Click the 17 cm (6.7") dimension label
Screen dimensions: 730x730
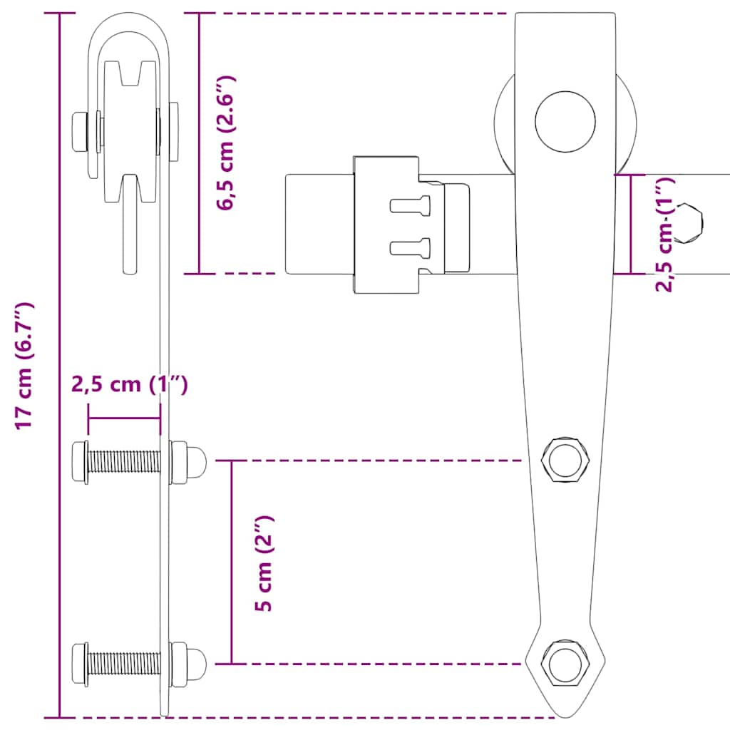[x=25, y=365]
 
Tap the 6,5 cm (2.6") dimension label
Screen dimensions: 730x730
[x=227, y=143]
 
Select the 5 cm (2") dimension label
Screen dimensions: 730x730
[x=265, y=563]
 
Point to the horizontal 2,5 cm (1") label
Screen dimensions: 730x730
[x=130, y=385]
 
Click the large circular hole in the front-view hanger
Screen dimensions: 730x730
[x=565, y=122]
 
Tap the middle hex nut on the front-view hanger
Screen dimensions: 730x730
[x=565, y=461]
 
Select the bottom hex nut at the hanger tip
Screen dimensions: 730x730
[x=565, y=663]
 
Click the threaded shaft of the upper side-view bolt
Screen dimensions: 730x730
[x=124, y=462]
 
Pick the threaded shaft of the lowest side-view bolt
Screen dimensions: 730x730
[x=124, y=663]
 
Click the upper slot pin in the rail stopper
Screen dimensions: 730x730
[x=411, y=205]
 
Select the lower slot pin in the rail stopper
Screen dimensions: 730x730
[x=411, y=247]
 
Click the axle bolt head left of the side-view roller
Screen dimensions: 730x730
[x=80, y=131]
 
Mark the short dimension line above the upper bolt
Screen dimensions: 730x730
[x=124, y=419]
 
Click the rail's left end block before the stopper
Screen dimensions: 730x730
[x=319, y=223]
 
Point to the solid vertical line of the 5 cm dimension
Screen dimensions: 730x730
[x=231, y=563]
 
